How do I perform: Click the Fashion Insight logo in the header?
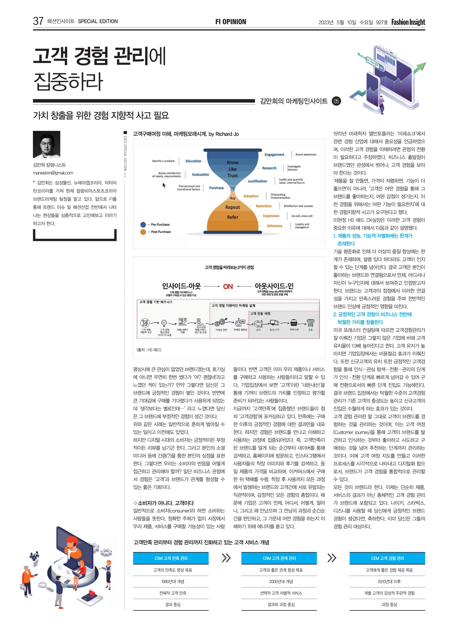point(408,22)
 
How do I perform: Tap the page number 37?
point(38,21)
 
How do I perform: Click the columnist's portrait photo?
point(46,144)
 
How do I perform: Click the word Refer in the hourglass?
point(232,217)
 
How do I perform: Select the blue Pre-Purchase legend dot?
point(143,224)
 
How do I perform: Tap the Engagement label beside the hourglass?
point(274,155)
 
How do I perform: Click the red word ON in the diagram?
point(228,286)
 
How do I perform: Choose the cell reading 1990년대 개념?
point(173,581)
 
